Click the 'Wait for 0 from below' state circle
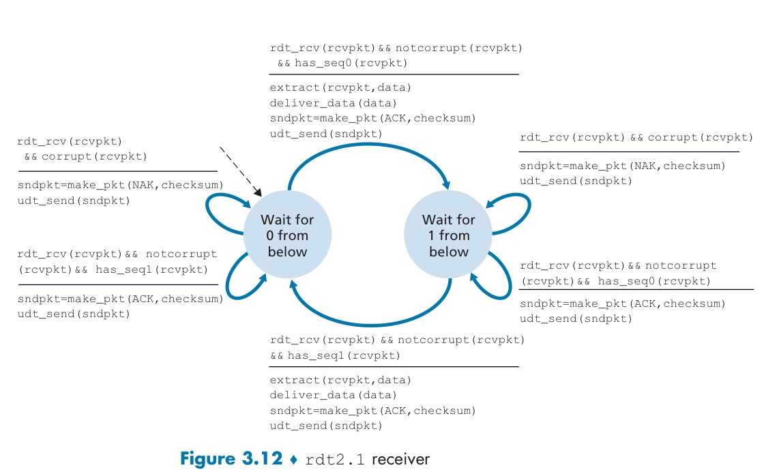[287, 236]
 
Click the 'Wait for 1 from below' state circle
[448, 236]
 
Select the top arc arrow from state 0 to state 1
[369, 147]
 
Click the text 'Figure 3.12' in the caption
[230, 459]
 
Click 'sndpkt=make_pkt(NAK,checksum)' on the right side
[623, 166]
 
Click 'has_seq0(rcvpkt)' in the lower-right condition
[654, 282]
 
